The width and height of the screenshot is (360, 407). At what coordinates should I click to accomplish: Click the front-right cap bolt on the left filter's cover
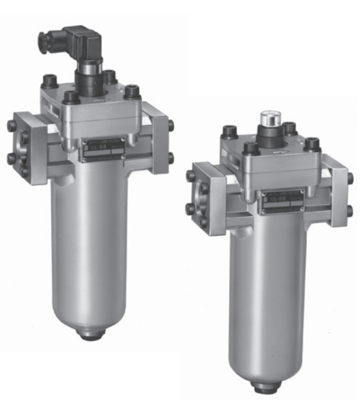tap(131, 92)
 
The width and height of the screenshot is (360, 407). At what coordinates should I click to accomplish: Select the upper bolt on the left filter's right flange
tap(170, 125)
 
